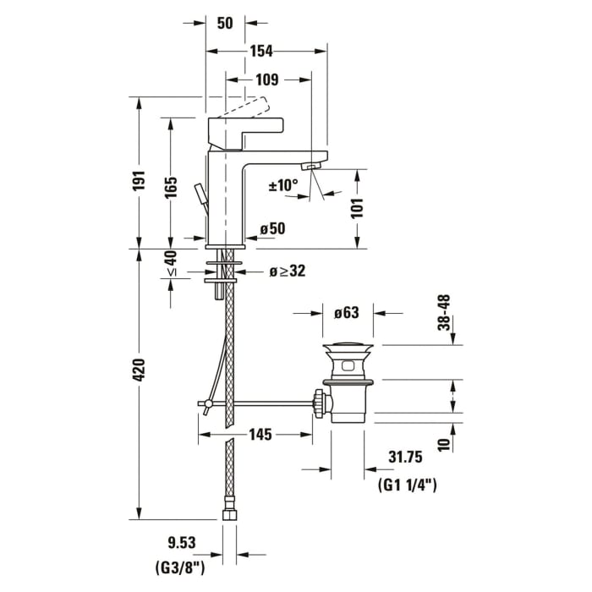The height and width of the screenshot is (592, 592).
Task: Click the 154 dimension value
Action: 260,52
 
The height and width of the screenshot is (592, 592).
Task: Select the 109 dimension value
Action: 267,80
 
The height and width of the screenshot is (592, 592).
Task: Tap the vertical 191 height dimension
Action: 140,182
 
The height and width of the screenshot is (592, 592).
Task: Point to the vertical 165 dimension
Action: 172,187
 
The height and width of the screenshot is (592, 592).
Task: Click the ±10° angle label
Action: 283,184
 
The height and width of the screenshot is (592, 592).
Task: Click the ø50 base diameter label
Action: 272,228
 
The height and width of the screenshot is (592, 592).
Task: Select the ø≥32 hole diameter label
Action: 287,271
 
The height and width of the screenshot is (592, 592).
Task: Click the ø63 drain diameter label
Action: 347,313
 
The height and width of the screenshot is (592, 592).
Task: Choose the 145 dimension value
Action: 260,435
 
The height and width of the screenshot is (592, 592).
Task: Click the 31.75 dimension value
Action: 405,458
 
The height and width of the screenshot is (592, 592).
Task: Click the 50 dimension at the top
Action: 224,23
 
